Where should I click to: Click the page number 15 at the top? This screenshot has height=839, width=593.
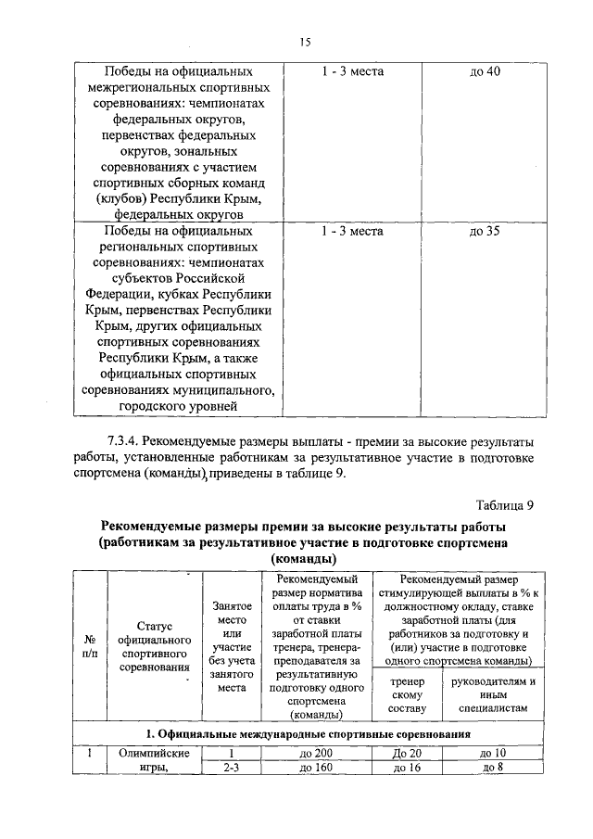304,41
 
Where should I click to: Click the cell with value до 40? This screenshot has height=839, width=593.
485,71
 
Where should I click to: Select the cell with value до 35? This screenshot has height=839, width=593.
485,231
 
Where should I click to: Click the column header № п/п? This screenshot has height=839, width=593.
91,646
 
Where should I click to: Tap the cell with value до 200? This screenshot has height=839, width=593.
316,753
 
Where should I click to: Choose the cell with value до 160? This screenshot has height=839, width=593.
316,768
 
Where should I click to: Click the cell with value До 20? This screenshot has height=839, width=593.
408,753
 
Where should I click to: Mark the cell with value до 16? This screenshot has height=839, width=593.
408,768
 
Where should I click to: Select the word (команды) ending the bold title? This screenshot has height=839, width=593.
303,560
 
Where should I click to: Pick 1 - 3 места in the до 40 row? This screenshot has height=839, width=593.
352,71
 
